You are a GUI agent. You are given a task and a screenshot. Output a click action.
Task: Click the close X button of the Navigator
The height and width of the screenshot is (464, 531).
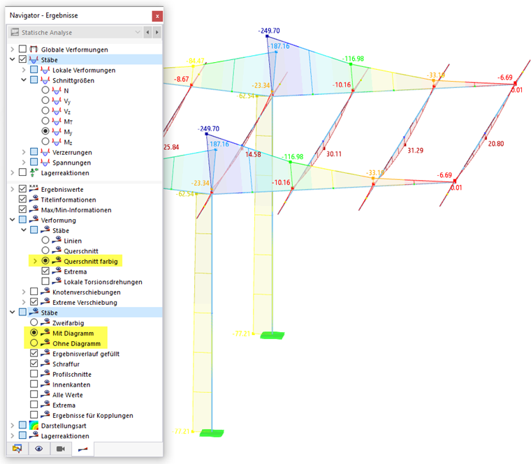(157, 15)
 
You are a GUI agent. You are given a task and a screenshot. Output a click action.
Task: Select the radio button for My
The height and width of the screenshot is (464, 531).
(45, 130)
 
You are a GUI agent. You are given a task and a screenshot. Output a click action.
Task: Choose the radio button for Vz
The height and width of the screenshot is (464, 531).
(45, 111)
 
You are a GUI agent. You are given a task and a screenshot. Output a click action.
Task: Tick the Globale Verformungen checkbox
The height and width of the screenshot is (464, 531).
(23, 50)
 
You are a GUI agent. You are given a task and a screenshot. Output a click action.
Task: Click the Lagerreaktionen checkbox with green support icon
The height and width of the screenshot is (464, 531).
(23, 172)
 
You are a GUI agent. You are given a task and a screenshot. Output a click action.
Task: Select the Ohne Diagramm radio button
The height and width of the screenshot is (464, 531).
(34, 343)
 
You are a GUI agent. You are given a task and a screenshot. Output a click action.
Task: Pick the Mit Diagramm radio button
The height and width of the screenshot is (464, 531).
(34, 333)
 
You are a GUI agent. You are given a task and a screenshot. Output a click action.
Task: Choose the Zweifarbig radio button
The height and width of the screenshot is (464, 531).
(34, 322)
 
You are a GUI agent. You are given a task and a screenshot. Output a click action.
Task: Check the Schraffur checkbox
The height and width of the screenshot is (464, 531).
(34, 364)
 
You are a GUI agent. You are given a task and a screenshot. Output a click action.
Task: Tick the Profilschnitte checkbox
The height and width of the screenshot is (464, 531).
(34, 374)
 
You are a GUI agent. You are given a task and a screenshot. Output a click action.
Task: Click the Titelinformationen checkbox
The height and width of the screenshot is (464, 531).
(23, 199)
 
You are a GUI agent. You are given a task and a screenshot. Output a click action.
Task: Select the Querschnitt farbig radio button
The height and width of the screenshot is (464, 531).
(45, 261)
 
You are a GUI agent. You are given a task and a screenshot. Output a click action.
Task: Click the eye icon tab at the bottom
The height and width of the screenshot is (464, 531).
(39, 449)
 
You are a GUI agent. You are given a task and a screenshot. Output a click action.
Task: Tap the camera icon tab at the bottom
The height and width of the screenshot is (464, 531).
(60, 449)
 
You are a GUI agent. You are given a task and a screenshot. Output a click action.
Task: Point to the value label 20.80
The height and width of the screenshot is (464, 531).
(496, 144)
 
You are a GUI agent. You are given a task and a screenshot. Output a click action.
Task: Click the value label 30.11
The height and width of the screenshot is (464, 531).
(333, 155)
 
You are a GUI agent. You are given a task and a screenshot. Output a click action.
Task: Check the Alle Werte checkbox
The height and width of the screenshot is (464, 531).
(34, 394)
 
